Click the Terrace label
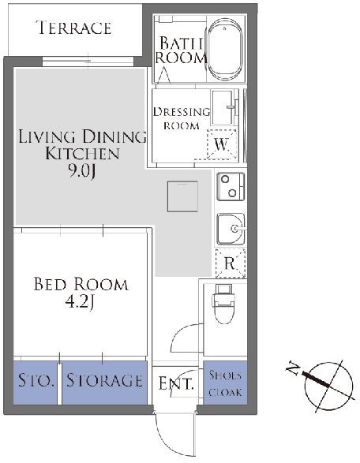point(73,28)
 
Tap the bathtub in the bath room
point(225,50)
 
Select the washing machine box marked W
point(222,144)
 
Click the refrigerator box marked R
point(231,263)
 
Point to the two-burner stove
point(231,186)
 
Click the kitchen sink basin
point(231,229)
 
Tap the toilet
point(223,304)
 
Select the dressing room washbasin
point(224,107)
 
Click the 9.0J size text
point(82,170)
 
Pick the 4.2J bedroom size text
point(80,302)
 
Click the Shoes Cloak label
point(225,383)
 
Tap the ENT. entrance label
point(177,383)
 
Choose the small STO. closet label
point(36,380)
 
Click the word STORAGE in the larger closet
point(104,380)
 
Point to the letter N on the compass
point(293,368)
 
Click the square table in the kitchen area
point(182,196)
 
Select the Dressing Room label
point(181,118)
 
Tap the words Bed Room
point(81,284)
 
